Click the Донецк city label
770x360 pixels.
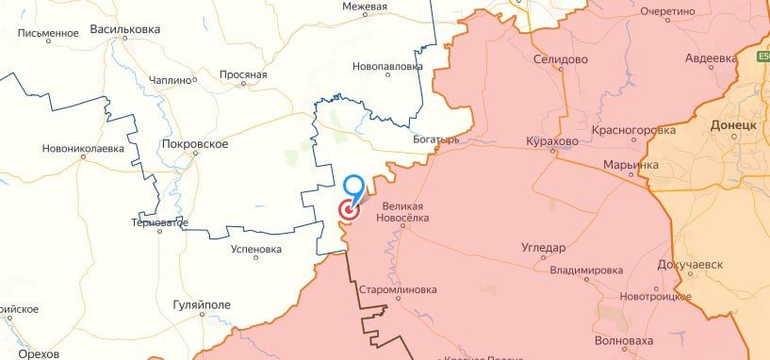click(x=734, y=125)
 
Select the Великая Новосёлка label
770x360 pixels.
click(x=406, y=212)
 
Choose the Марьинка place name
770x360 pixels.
click(x=631, y=166)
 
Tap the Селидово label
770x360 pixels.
click(x=560, y=58)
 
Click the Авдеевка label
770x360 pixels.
click(x=711, y=57)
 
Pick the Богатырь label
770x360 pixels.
click(x=435, y=139)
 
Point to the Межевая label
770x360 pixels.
click(x=365, y=7)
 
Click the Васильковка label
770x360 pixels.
click(x=124, y=30)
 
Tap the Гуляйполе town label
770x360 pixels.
click(x=202, y=306)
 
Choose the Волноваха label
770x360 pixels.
click(x=624, y=341)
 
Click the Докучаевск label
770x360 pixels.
click(x=690, y=265)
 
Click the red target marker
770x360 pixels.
click(x=348, y=212)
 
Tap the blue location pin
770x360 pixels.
click(x=355, y=187)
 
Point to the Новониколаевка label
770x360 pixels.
click(x=83, y=149)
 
